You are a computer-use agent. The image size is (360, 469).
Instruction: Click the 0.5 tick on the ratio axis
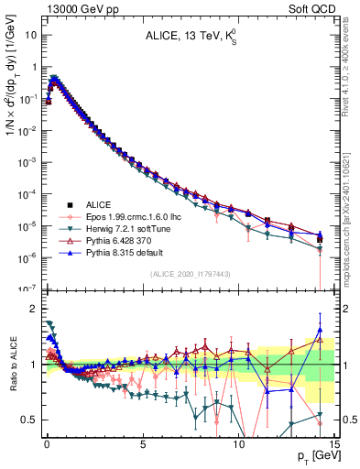(x=29, y=420)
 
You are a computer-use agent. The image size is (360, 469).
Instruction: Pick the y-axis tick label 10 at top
(x=31, y=35)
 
